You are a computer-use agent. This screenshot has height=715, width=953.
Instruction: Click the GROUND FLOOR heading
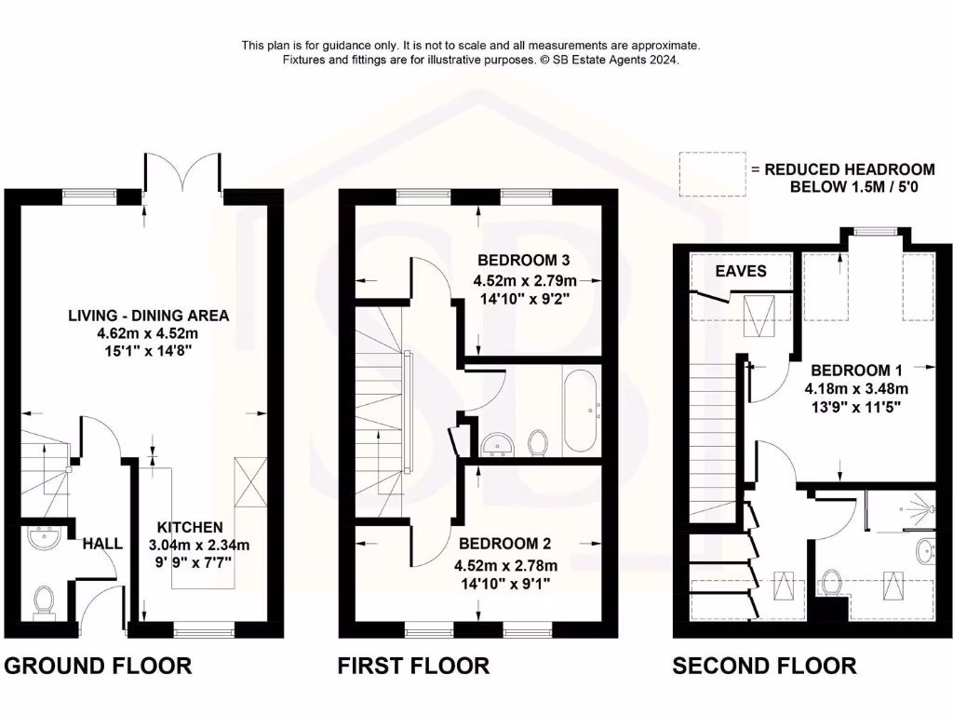click(99, 666)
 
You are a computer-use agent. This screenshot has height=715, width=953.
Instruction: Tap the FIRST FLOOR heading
click(413, 666)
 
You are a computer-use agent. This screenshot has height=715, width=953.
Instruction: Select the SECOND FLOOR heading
click(764, 666)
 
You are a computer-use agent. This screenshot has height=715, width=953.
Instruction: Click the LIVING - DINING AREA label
click(148, 316)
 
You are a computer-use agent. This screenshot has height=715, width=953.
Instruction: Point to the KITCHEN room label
click(190, 527)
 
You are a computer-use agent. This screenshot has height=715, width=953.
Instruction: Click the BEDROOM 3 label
click(523, 260)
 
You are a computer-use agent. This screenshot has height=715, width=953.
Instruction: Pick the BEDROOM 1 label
click(856, 369)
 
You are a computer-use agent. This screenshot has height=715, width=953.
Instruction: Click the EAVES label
click(741, 271)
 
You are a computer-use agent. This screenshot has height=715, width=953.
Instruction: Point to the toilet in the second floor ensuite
click(832, 585)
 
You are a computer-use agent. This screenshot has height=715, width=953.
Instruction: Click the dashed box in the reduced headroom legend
click(712, 174)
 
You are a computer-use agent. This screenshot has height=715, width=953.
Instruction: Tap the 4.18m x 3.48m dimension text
click(856, 388)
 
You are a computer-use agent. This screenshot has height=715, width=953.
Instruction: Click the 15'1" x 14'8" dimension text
click(148, 351)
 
